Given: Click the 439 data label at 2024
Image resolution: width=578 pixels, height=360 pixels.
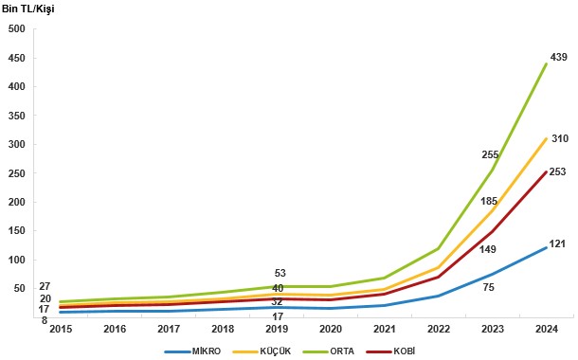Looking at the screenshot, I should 559,57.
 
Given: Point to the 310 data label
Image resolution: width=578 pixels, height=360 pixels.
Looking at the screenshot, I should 559,138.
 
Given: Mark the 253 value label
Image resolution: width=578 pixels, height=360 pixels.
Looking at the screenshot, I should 557,171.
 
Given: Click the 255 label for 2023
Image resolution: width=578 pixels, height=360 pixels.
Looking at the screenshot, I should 490,154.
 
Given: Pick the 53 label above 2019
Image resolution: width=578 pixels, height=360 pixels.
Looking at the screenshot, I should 280,274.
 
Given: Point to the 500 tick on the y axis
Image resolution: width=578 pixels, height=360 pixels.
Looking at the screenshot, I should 17,28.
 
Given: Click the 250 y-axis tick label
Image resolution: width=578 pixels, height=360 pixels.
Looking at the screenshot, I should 17,173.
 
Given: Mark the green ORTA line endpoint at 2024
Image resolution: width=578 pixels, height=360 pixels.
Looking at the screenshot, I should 547,63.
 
